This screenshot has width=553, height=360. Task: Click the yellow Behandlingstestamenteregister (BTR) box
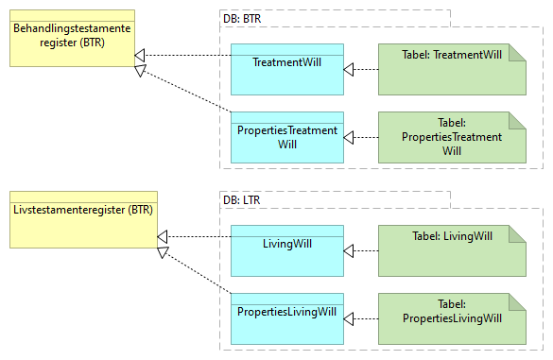click(72, 38)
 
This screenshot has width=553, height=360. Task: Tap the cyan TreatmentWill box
click(286, 69)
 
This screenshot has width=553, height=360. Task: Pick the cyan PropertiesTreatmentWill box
click(286, 138)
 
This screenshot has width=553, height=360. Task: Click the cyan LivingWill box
click(286, 250)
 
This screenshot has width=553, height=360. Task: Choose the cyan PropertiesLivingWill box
click(286, 318)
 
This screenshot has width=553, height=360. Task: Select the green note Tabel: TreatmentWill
click(451, 69)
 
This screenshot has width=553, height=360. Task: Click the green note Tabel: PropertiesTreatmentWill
click(451, 138)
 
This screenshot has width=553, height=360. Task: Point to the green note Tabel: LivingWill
click(451, 250)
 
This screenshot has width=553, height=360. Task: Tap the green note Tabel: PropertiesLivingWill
click(451, 318)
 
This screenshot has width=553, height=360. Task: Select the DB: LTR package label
click(242, 199)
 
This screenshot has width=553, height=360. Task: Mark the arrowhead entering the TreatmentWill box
click(350, 69)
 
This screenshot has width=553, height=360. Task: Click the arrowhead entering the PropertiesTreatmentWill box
click(350, 138)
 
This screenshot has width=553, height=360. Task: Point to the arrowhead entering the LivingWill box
click(350, 250)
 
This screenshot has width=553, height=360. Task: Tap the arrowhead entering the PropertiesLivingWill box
click(350, 318)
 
